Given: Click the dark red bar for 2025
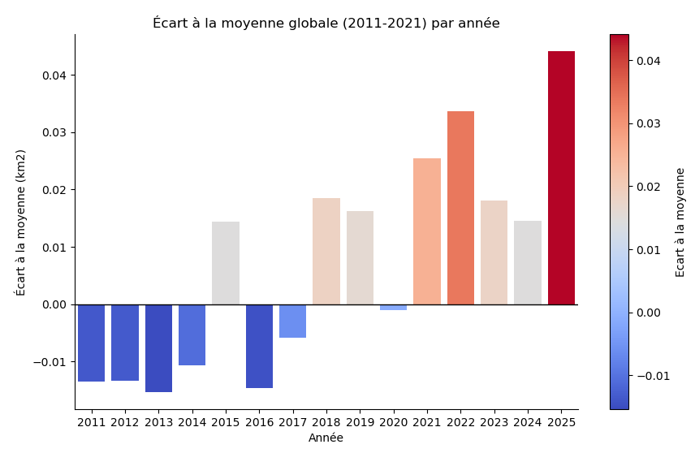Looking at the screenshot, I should (561, 178).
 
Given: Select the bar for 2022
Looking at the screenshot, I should (460, 208).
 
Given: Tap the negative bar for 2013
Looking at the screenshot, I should (158, 348).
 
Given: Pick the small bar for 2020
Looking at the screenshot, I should (393, 307).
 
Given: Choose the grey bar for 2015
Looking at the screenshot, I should (226, 263).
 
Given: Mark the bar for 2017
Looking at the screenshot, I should (292, 321).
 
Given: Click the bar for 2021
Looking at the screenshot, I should (427, 231).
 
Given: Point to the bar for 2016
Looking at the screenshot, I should (259, 346).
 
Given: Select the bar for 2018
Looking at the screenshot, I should (326, 251).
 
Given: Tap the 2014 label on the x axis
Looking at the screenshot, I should (192, 422).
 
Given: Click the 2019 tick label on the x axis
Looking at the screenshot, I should (360, 422).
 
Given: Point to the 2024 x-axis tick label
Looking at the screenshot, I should (528, 422).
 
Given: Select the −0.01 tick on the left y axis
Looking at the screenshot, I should (52, 362).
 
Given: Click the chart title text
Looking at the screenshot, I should (326, 23).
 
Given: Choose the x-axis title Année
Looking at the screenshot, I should (326, 438).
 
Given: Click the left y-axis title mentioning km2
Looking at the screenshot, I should (21, 222).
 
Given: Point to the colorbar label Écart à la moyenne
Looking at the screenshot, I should (680, 222).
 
